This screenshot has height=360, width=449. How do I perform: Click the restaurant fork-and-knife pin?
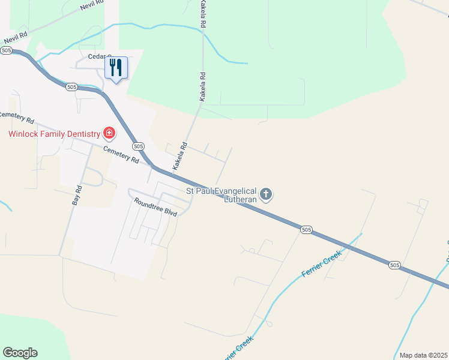pyautogui.click(x=116, y=67)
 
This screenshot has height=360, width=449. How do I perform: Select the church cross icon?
pyautogui.click(x=267, y=194)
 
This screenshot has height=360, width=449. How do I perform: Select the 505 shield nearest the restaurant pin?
pyautogui.click(x=71, y=87)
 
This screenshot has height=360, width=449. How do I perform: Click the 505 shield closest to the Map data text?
pyautogui.click(x=394, y=265)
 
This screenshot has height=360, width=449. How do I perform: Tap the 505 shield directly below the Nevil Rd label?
pyautogui.click(x=7, y=51)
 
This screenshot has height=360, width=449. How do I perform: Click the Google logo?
pyautogui.click(x=20, y=353)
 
